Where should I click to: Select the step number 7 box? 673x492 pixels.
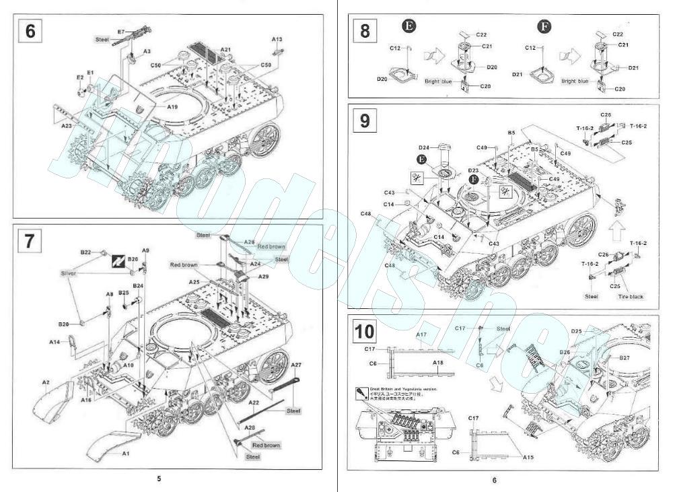tap(30, 241)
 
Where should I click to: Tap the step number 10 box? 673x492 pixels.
tap(364, 331)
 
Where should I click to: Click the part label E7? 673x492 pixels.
tap(121, 32)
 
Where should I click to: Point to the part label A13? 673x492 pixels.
tap(277, 39)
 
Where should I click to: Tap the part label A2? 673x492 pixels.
tap(46, 382)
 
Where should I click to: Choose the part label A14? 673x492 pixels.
tap(55, 342)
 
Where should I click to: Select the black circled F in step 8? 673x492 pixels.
tap(544, 26)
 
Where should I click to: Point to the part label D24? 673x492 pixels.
tap(424, 147)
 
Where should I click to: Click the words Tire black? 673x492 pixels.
tap(631, 296)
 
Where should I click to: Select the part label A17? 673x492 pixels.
tap(422, 334)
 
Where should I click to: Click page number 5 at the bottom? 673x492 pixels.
tap(159, 479)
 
